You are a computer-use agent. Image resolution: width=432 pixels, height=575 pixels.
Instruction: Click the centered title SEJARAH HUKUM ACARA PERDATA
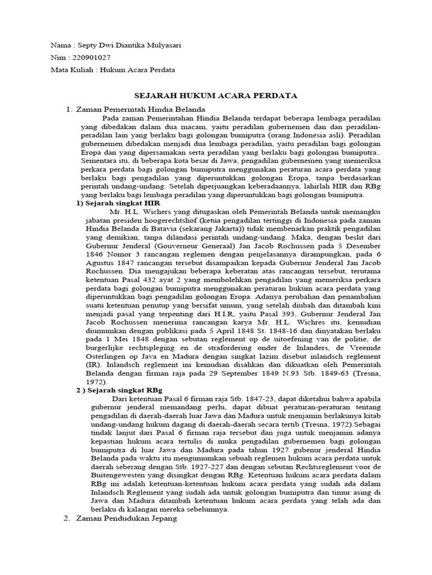[x=215, y=96]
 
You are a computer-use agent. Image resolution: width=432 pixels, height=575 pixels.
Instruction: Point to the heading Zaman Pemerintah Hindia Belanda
[x=140, y=108]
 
